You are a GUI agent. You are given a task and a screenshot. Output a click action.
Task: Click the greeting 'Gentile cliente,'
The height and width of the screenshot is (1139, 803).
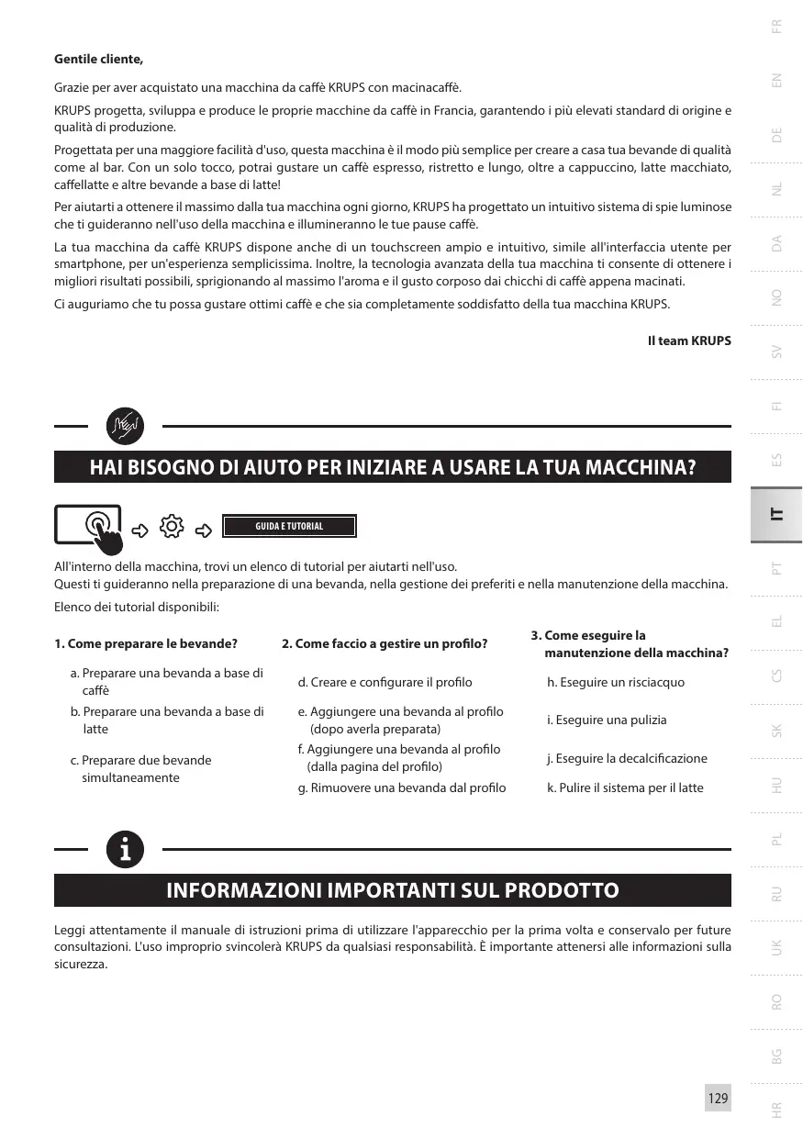coord(99,60)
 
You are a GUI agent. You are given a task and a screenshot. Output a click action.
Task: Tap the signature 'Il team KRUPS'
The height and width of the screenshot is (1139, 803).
coord(689,341)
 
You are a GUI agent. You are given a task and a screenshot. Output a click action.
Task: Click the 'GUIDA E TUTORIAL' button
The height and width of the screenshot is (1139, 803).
coord(289,526)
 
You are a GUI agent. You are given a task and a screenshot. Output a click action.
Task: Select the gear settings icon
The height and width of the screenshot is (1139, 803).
coord(172,527)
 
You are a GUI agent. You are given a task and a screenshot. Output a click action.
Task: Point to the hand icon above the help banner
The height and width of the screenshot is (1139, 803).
coord(125,426)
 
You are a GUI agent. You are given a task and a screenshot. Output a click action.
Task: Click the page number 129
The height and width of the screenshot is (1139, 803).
coord(718,1098)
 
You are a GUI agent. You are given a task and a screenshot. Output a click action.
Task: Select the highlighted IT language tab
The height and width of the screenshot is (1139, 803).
coord(776,515)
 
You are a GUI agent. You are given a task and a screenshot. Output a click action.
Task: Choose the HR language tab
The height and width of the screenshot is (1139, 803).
coord(777,1110)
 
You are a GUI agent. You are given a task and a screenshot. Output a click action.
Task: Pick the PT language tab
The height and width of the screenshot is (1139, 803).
coord(777,570)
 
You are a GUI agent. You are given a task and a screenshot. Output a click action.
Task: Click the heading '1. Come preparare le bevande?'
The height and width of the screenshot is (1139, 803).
coord(146,643)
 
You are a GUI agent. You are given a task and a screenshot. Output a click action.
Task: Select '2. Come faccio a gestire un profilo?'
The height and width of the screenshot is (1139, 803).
coord(385,643)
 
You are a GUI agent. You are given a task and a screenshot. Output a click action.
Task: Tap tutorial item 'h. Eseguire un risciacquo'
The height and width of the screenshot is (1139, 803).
coord(616,682)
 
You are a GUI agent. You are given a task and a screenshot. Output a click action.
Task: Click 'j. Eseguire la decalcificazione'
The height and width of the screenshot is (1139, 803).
coord(627,758)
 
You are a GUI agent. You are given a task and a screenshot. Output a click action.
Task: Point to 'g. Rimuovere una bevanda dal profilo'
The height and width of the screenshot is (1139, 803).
coord(402,787)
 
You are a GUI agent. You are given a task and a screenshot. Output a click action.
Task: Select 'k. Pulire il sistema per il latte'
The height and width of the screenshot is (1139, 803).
coord(625,787)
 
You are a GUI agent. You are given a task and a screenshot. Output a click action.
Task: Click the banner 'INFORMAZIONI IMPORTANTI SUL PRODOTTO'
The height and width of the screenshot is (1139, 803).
coord(393,890)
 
